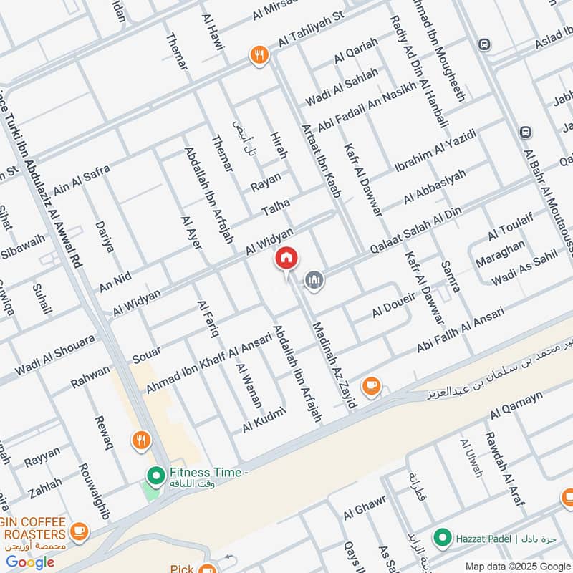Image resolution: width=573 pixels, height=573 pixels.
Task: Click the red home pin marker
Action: pos(286,259)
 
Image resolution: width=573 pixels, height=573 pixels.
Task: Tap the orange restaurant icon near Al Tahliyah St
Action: pos(258,54)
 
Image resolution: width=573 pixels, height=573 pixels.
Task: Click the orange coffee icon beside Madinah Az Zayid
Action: pos(370,386)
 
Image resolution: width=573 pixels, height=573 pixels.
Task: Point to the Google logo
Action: pos(31,562)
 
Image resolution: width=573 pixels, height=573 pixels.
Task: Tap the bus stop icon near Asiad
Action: pos(485,44)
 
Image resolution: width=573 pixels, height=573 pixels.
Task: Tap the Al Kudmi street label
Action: pos(264,420)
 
